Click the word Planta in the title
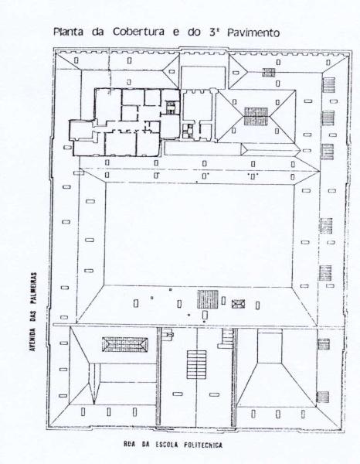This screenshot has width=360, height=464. (68, 32)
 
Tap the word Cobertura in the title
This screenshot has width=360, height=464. (138, 32)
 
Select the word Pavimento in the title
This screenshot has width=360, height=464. (253, 32)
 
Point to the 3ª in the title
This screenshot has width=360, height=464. (213, 32)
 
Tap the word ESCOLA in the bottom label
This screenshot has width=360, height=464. (167, 445)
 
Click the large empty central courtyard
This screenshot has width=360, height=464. (199, 234)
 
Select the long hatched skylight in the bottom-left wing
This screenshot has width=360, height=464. (125, 344)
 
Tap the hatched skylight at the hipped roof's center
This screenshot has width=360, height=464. (256, 116)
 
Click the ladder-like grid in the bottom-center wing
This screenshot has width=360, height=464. (196, 364)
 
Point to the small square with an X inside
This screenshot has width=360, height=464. (238, 304)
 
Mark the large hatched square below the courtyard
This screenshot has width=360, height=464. (208, 299)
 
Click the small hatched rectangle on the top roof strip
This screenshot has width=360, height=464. (269, 73)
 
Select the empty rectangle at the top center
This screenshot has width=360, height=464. (203, 77)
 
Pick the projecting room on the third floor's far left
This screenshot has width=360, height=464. (82, 129)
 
